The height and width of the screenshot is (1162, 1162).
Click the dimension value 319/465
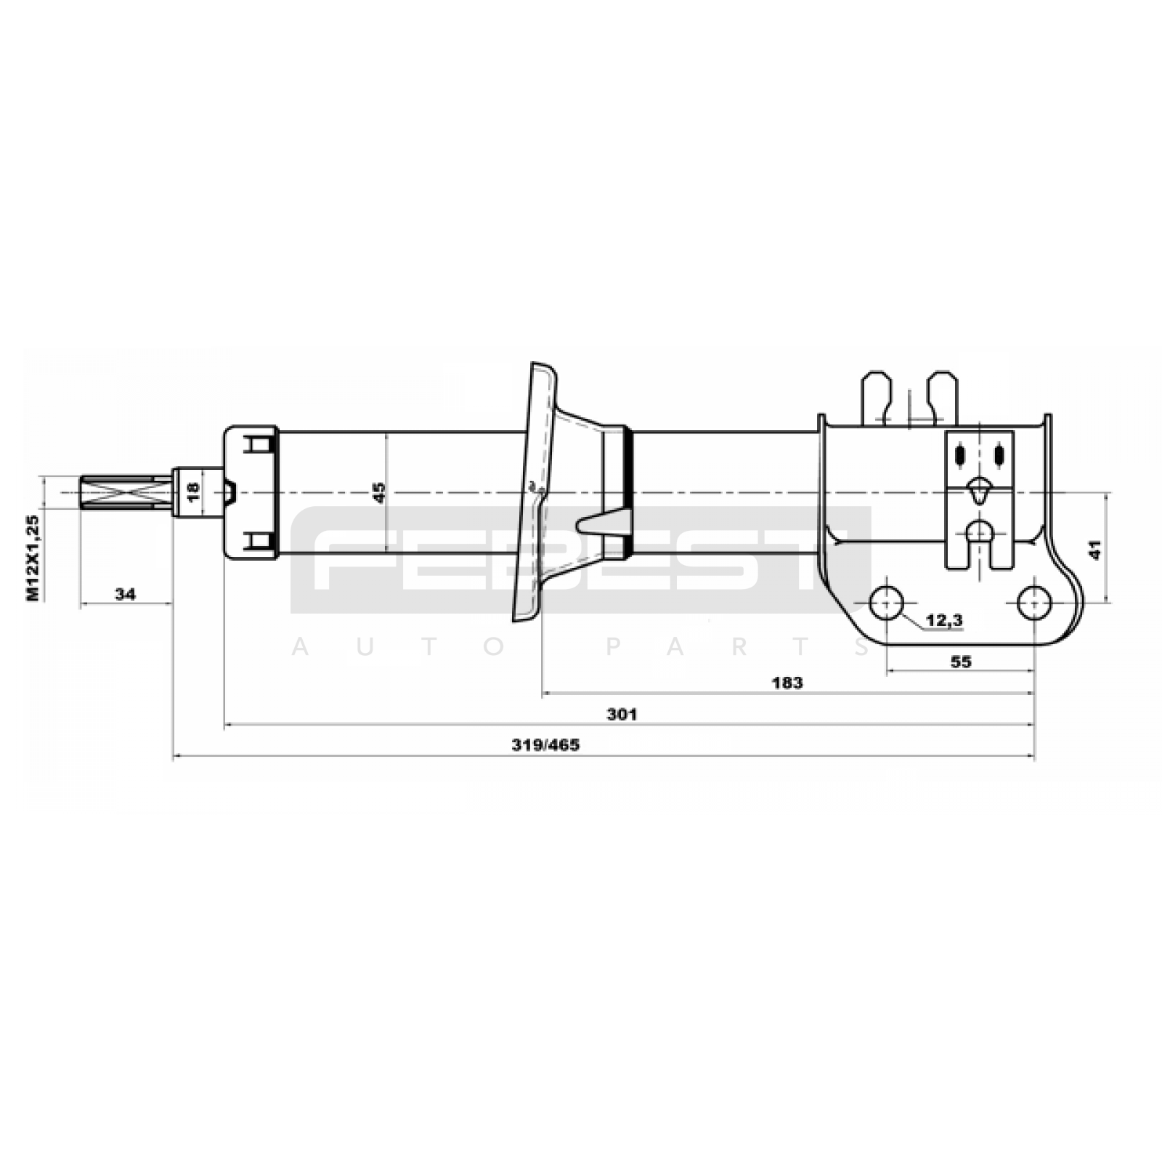pyautogui.click(x=545, y=745)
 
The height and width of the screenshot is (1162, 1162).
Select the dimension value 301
pyautogui.click(x=622, y=714)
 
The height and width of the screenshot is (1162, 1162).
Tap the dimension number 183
pyautogui.click(x=787, y=683)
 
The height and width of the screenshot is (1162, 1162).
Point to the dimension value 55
pyautogui.click(x=960, y=662)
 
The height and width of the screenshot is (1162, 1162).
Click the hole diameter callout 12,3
pyautogui.click(x=944, y=620)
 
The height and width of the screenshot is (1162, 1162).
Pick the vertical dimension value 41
pyautogui.click(x=1096, y=549)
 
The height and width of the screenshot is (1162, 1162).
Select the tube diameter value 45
pyautogui.click(x=379, y=492)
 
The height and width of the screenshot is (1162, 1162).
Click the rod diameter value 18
pyautogui.click(x=192, y=492)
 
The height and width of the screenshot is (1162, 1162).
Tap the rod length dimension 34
pyautogui.click(x=125, y=594)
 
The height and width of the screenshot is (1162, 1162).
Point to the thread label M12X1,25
pyautogui.click(x=33, y=557)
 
